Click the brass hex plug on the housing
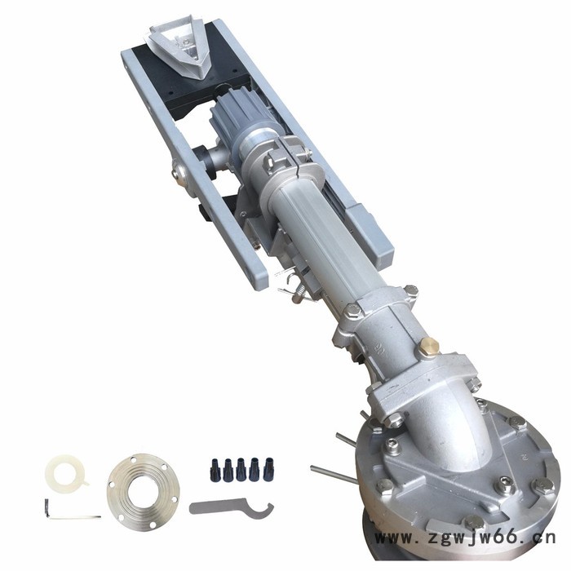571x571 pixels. click(428, 346)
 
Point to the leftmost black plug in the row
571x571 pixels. click(215, 470)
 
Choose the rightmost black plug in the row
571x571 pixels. click(268, 469)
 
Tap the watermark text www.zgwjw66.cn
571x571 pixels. click(465, 537)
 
